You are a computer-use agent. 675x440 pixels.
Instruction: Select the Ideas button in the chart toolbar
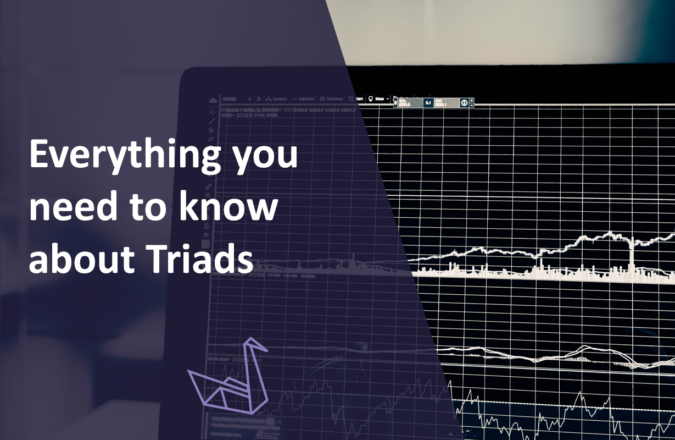(x=380, y=99)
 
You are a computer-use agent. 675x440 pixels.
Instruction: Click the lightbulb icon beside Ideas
(x=370, y=99)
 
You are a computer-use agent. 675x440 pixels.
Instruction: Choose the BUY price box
(x=445, y=103)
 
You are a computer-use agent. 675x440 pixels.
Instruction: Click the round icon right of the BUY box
(x=464, y=103)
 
